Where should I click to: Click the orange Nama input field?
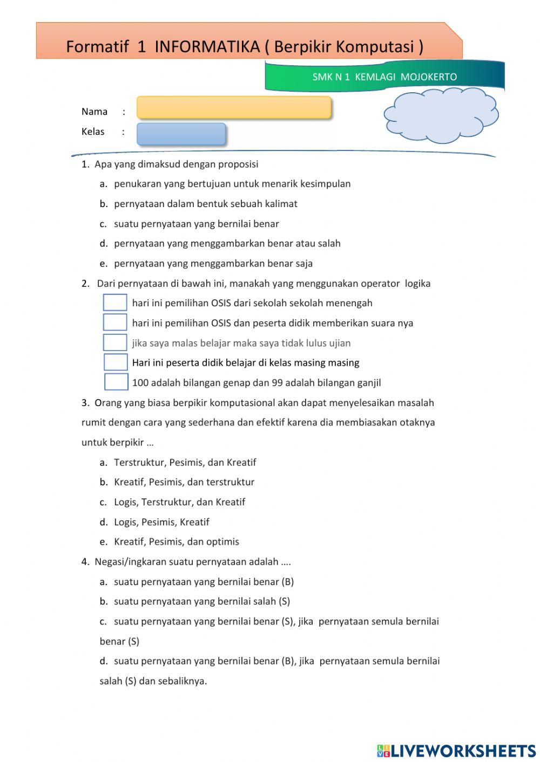[233, 107]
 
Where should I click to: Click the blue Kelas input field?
[181, 134]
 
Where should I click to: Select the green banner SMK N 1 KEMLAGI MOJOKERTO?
[384, 77]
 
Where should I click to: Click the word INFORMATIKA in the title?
[207, 47]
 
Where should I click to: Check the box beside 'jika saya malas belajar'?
[115, 342]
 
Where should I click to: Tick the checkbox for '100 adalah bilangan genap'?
[116, 382]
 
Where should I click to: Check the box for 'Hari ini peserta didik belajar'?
[116, 362]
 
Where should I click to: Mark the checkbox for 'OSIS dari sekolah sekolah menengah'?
[115, 303]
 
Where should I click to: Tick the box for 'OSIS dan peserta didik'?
[115, 322]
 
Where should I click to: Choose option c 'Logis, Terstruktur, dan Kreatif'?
[179, 502]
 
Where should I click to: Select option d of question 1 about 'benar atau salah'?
[227, 243]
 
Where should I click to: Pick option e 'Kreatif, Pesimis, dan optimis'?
[176, 541]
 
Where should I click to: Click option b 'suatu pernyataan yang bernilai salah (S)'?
[201, 601]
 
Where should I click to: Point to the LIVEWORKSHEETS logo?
[456, 750]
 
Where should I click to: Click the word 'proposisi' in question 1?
[238, 164]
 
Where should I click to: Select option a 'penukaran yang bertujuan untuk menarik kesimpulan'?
[232, 184]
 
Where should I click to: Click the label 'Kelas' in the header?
[93, 132]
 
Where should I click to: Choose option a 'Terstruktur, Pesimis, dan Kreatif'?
[185, 462]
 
